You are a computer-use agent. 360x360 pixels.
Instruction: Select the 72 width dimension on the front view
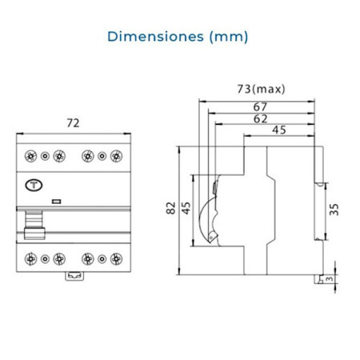point(73,123)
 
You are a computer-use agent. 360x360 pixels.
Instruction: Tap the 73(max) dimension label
point(261,89)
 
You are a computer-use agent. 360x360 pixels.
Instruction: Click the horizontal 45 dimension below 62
point(280,130)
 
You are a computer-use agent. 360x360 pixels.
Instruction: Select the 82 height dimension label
point(170,208)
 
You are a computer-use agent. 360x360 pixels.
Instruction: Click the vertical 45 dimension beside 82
point(186,208)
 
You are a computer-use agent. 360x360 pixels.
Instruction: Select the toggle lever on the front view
point(34,222)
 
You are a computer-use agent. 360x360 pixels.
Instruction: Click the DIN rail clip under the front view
point(74,276)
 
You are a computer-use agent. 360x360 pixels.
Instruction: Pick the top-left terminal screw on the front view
point(31,156)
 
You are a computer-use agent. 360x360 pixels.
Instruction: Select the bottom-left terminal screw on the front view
point(31,258)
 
